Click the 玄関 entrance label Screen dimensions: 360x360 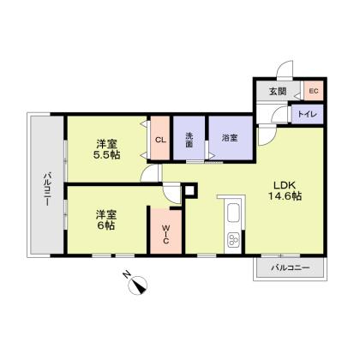(278, 91)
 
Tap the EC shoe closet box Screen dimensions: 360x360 (314, 91)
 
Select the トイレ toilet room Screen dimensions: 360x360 (307, 114)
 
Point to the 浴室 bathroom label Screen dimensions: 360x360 (230, 138)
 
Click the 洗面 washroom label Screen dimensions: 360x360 (189, 140)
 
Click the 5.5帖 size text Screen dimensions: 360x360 (106, 155)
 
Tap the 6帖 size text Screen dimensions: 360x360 (105, 225)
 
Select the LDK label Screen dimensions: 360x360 (285, 185)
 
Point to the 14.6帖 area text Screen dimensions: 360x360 (285, 196)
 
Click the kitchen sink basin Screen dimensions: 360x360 (233, 213)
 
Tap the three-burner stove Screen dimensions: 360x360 (233, 239)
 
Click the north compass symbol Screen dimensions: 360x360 (138, 285)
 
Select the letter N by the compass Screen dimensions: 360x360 (126, 275)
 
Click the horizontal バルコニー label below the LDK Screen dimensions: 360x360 (291, 268)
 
